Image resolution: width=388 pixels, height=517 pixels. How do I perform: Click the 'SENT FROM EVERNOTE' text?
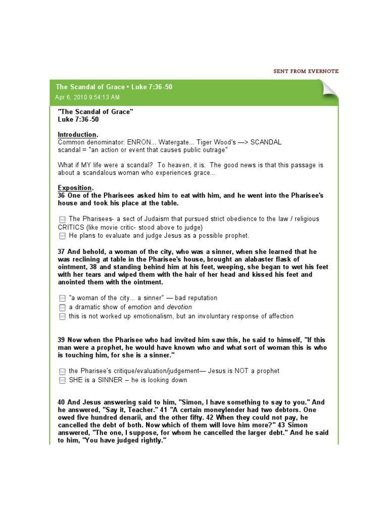(306, 71)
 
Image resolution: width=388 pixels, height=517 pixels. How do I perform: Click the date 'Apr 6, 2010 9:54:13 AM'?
(88, 97)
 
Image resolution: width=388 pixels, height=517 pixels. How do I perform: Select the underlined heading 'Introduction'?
(77, 135)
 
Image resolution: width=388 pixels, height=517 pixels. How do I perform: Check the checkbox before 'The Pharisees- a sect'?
(62, 219)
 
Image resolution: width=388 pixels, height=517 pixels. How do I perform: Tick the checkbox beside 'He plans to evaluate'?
(62, 236)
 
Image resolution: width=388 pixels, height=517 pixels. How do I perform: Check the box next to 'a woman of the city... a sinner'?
(62, 298)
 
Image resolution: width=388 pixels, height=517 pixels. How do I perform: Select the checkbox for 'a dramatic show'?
(62, 307)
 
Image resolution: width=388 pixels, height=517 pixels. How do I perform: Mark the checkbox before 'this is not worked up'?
(62, 317)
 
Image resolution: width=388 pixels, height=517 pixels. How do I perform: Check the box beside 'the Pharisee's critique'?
(62, 371)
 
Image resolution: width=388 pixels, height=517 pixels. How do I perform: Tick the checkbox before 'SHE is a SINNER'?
(62, 380)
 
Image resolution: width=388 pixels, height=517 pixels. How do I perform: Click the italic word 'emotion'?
(139, 307)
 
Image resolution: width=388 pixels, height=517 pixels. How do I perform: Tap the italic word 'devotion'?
(180, 307)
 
